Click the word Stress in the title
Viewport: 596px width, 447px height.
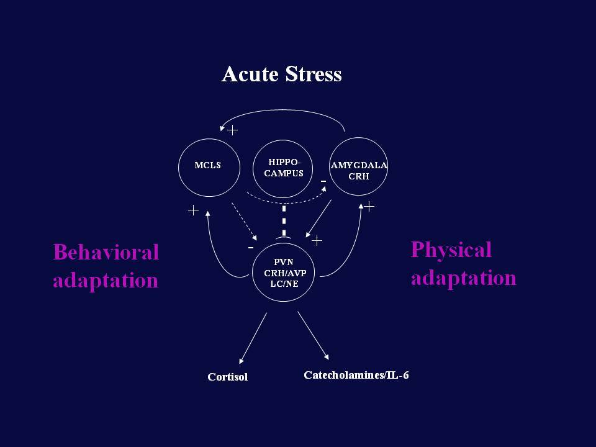click(x=314, y=74)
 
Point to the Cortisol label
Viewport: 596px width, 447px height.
click(x=228, y=377)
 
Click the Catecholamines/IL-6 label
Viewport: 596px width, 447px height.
click(x=356, y=375)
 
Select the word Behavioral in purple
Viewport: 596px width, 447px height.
click(x=106, y=252)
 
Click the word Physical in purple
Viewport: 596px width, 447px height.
click(x=451, y=250)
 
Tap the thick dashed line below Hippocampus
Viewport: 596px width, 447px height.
click(x=284, y=220)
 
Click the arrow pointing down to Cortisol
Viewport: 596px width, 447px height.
click(x=253, y=338)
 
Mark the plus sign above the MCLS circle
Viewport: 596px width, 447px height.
click(x=232, y=130)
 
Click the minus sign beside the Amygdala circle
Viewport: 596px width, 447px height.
click(x=323, y=181)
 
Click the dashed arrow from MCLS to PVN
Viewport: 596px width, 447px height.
click(x=245, y=222)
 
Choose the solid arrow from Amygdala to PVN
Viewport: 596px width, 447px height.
click(x=318, y=219)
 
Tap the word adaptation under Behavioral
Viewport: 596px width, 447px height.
click(x=106, y=281)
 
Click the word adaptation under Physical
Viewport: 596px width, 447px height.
click(x=464, y=278)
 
